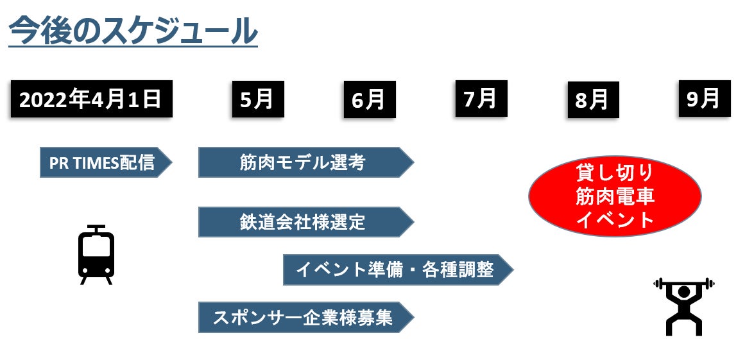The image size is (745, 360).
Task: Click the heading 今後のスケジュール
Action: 133,30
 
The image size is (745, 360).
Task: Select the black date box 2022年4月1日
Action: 91,99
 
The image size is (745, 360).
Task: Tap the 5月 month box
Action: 257,99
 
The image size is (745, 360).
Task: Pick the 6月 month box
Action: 369,99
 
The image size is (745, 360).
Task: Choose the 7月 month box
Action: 481,99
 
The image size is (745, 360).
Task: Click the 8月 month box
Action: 592,100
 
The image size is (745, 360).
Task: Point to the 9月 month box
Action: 704,99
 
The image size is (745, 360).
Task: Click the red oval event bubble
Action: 615,196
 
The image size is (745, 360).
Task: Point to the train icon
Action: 96,255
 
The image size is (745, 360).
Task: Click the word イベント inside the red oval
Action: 615,220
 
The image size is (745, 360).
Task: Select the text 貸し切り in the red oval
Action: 615,172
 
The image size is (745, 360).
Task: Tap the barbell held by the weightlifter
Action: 683,283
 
